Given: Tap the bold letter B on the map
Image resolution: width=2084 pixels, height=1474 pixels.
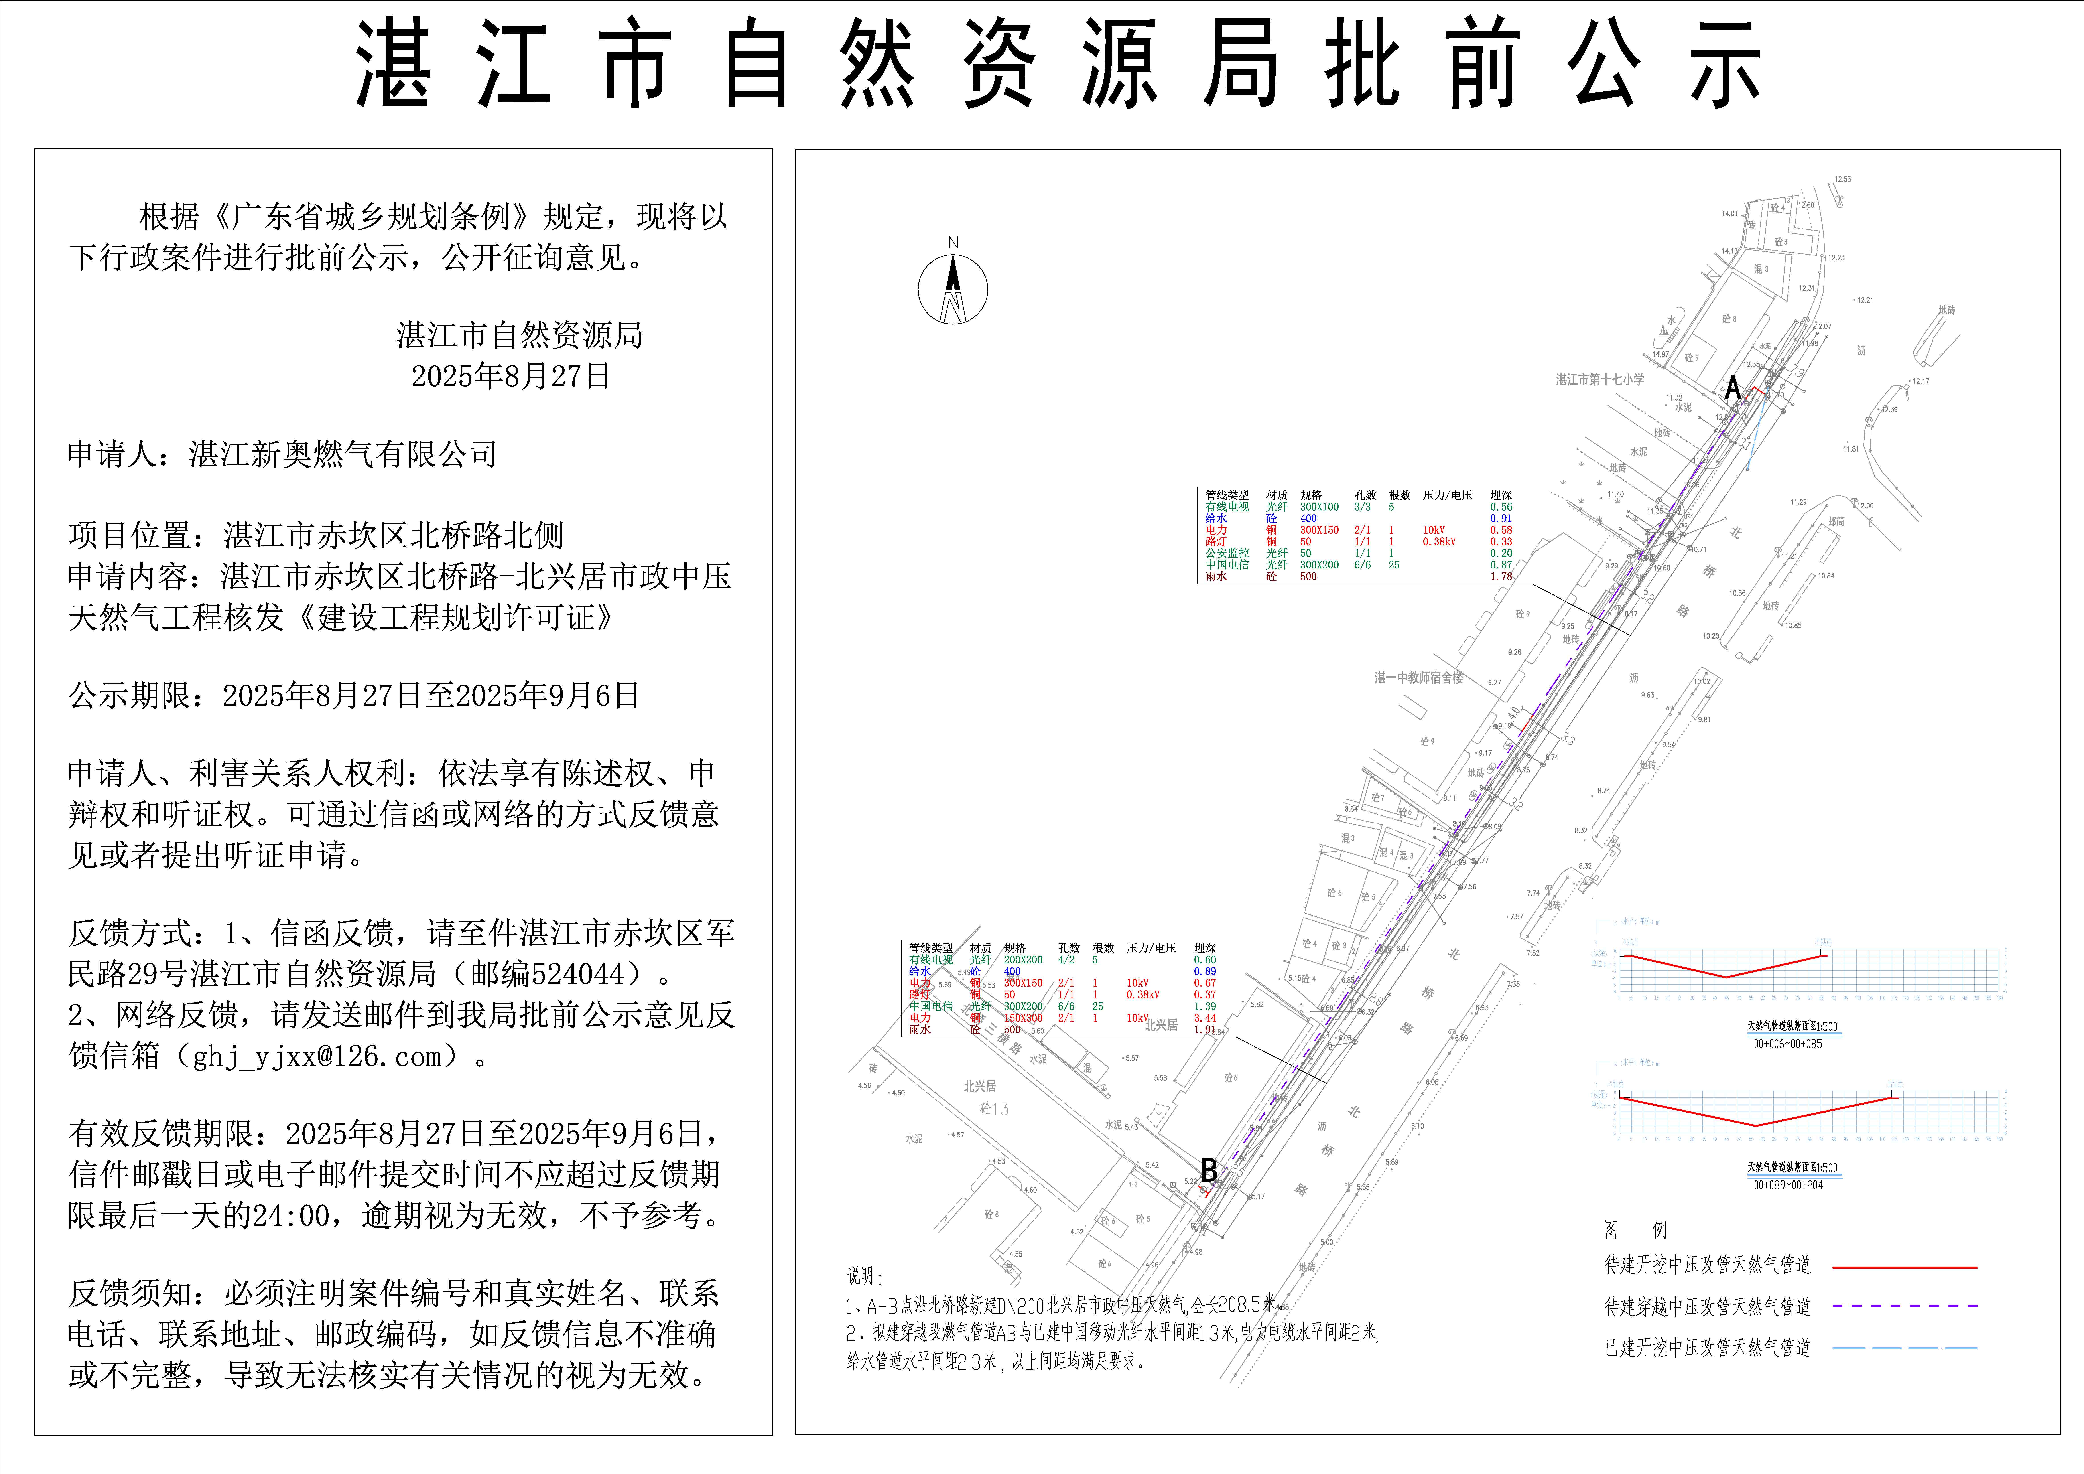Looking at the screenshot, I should (1209, 1170).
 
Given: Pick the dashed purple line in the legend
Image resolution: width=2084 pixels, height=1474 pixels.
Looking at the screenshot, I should (1904, 1306).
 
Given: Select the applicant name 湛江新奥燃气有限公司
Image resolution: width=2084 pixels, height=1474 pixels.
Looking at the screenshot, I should (343, 454).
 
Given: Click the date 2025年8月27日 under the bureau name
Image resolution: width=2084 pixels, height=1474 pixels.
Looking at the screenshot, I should (510, 376).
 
